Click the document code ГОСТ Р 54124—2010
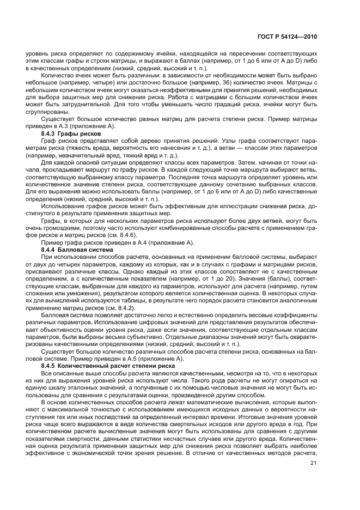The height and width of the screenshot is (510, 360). click(x=287, y=37)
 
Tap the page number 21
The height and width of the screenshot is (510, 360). click(x=313, y=463)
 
